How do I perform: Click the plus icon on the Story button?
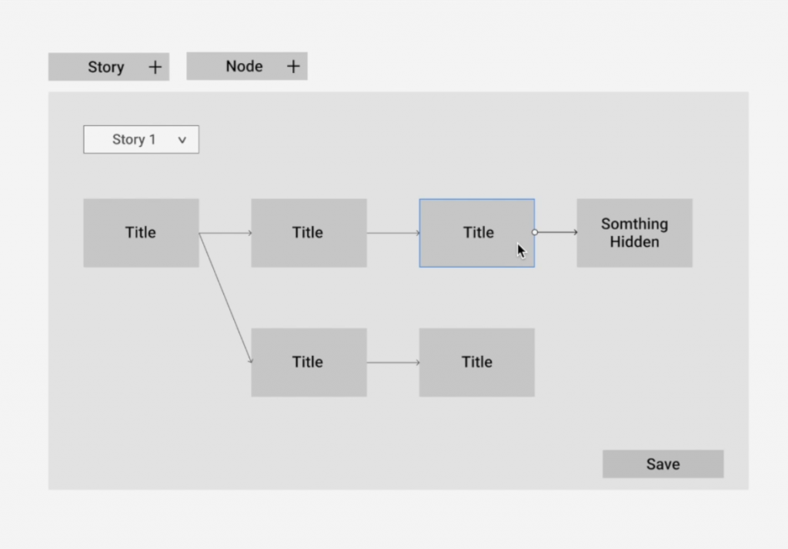click(155, 67)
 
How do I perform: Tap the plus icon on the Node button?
click(293, 66)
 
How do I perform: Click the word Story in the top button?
click(106, 67)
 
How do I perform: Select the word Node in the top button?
click(244, 66)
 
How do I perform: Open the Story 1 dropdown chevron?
click(182, 140)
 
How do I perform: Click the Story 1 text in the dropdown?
click(134, 139)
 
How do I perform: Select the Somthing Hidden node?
click(634, 232)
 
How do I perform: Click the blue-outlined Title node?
click(477, 232)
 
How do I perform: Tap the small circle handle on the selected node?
click(535, 232)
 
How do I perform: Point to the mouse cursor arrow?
click(521, 250)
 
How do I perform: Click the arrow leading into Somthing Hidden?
click(557, 232)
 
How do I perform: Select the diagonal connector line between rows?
click(225, 298)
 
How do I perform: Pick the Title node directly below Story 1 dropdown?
click(142, 232)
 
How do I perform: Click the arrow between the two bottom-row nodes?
click(393, 362)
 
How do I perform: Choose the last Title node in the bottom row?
click(477, 362)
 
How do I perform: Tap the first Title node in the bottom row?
click(309, 362)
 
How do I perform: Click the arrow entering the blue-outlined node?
click(393, 232)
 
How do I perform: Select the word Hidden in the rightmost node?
click(634, 241)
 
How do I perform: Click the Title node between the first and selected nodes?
click(309, 232)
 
